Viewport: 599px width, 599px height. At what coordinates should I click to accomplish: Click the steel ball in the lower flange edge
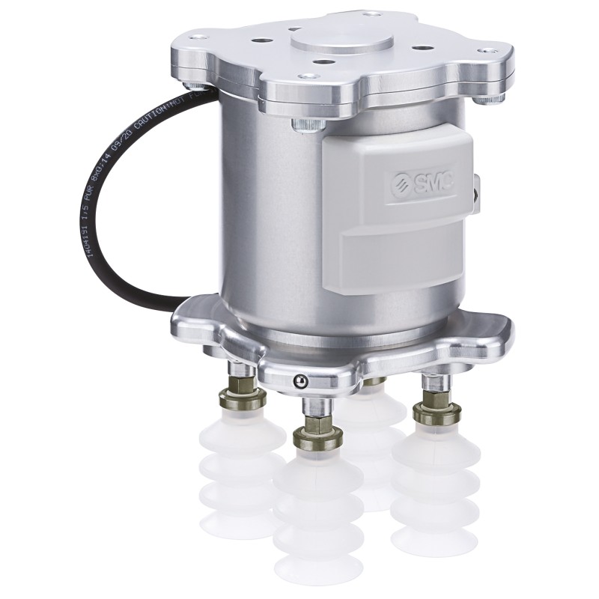(x=299, y=380)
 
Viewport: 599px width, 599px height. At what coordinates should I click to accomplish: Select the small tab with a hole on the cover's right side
(x=477, y=187)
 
